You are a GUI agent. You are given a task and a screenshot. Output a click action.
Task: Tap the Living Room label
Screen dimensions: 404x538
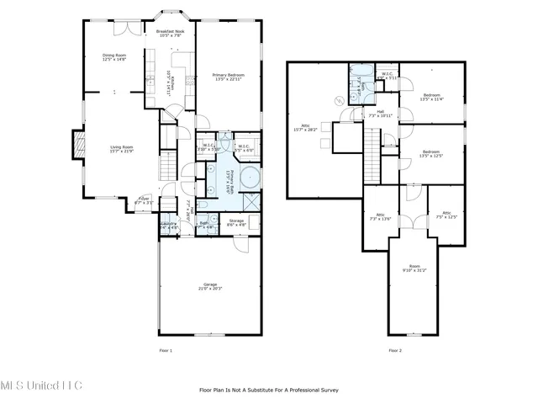(122, 150)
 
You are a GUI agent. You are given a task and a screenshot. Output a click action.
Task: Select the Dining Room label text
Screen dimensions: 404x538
(114, 57)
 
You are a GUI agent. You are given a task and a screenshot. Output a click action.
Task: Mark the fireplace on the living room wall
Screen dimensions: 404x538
(80, 145)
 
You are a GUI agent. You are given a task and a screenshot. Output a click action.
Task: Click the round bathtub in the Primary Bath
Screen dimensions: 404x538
(250, 178)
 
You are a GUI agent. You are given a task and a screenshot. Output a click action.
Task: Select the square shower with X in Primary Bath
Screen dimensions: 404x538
(251, 203)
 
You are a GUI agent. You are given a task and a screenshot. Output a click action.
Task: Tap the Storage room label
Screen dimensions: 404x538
(237, 223)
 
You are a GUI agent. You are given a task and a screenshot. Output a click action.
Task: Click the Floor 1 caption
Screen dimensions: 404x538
(166, 349)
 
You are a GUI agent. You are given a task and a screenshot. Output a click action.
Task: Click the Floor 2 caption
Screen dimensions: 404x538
(395, 349)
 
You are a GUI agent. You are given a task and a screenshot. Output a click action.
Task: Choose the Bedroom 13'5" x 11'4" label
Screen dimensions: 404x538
(431, 96)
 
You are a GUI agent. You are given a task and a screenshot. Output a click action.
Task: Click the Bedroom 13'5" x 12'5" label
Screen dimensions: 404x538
(431, 153)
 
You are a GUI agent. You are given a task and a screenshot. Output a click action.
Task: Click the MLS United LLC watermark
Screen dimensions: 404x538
(42, 385)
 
